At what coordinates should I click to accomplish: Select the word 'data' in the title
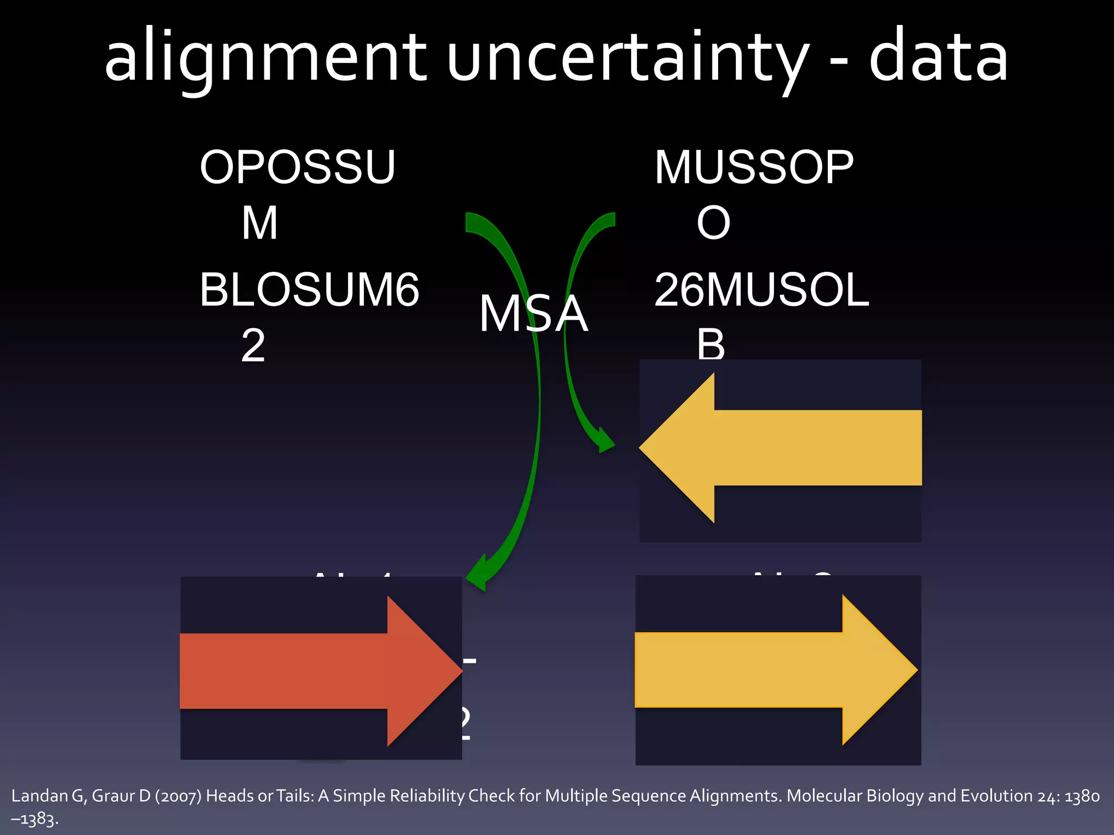point(938,57)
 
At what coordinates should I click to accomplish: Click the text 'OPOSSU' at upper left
point(297,167)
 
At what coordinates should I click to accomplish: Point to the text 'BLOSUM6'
point(309,290)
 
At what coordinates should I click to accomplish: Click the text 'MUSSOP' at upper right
point(753,167)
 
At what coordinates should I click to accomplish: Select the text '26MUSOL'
point(762,290)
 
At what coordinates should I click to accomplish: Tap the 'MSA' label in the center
point(533,314)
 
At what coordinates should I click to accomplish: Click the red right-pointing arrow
point(321,670)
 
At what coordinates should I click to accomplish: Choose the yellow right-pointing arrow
point(776,670)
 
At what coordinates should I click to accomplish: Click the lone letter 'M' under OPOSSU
point(259,223)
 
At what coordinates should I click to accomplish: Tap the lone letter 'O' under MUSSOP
point(713,223)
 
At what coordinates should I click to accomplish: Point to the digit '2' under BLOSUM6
point(253,346)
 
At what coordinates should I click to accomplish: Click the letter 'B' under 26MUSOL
point(711,345)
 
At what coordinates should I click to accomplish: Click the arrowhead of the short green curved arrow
point(605,441)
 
